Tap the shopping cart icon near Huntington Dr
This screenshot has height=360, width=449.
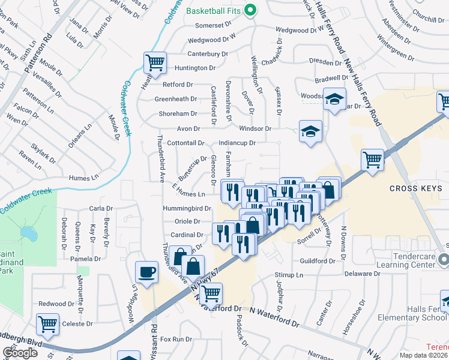click(155, 62)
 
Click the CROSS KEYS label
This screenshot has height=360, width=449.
click(415, 188)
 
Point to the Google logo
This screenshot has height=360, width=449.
click(20, 353)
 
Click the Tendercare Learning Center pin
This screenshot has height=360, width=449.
click(443, 260)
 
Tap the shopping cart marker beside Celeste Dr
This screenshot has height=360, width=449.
click(47, 325)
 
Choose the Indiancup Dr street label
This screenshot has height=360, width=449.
click(237, 143)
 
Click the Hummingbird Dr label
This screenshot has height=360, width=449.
click(187, 209)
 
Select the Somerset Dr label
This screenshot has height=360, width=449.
click(213, 25)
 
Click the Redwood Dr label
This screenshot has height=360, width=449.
click(56, 304)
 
